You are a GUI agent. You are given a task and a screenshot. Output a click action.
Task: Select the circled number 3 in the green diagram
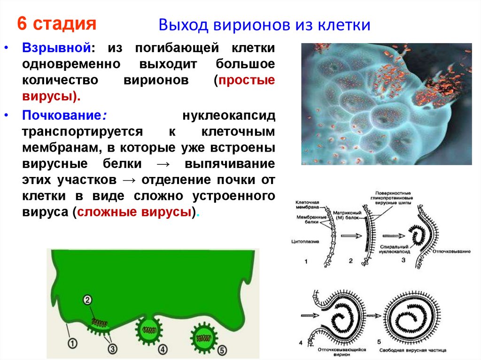pos(113,348)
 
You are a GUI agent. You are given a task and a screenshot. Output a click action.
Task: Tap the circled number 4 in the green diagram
pos(163,349)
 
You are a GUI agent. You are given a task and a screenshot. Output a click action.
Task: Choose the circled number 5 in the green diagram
pos(222,349)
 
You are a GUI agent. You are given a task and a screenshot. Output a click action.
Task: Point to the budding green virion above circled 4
pos(149,329)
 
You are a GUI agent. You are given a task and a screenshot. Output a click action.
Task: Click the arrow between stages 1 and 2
pos(348,236)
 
